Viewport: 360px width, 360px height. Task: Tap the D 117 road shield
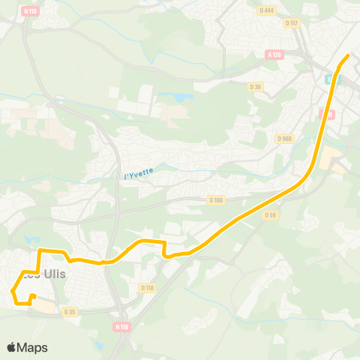click(x=292, y=22)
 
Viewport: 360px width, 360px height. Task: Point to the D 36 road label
click(x=255, y=87)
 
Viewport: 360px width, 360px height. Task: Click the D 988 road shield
click(x=284, y=138)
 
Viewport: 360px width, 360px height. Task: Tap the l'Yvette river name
click(x=138, y=174)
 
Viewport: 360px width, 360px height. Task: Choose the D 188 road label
click(x=216, y=199)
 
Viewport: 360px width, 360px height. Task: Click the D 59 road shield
click(x=271, y=214)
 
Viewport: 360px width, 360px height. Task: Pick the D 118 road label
click(x=147, y=287)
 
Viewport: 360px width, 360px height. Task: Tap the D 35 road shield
click(x=70, y=312)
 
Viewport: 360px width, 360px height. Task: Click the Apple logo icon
click(x=11, y=347)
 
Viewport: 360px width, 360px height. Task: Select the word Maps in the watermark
click(x=32, y=347)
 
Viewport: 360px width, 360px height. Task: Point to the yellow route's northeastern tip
click(x=349, y=55)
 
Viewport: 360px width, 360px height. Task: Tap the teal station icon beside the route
click(x=330, y=77)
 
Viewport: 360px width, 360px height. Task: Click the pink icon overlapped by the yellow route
click(x=324, y=114)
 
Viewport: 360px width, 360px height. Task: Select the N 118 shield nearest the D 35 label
click(x=121, y=327)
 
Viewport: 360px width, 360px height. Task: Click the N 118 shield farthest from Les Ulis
click(x=31, y=10)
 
